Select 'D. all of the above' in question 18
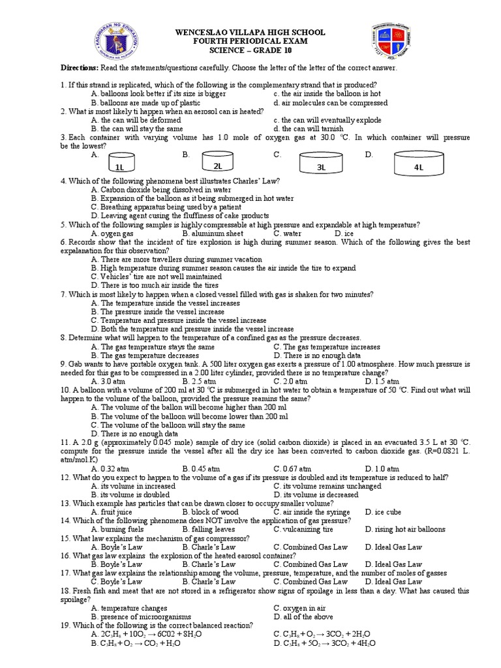(307, 616)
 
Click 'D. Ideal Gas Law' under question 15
(393, 547)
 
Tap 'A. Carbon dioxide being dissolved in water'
(162, 189)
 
